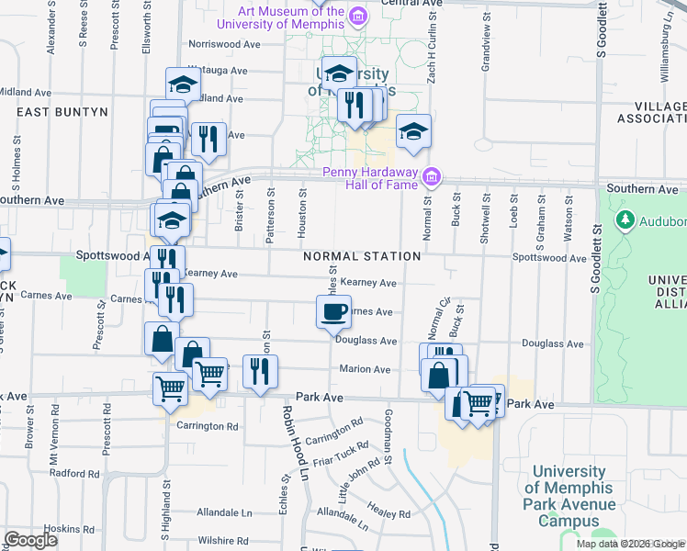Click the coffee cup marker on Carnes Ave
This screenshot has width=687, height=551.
(332, 311)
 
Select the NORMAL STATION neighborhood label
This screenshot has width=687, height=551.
(363, 256)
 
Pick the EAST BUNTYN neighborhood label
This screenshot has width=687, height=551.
(62, 111)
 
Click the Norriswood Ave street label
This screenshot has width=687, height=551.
(225, 43)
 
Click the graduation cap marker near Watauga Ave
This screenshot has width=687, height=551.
(183, 84)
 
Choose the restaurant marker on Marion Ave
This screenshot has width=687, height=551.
(261, 371)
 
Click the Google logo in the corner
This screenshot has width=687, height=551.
(30, 540)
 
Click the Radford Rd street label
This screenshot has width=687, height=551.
(74, 473)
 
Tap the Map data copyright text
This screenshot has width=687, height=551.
(630, 544)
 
